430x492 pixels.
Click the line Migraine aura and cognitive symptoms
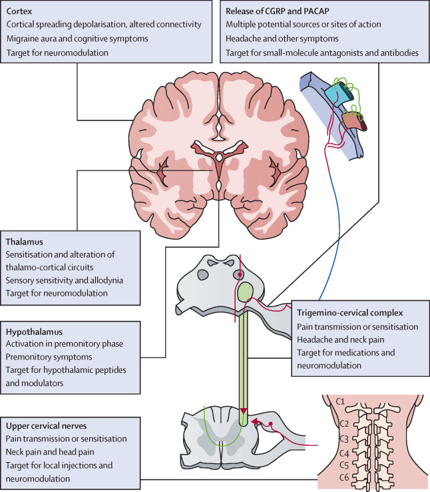[x=67, y=39]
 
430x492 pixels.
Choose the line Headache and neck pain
[x=338, y=340]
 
